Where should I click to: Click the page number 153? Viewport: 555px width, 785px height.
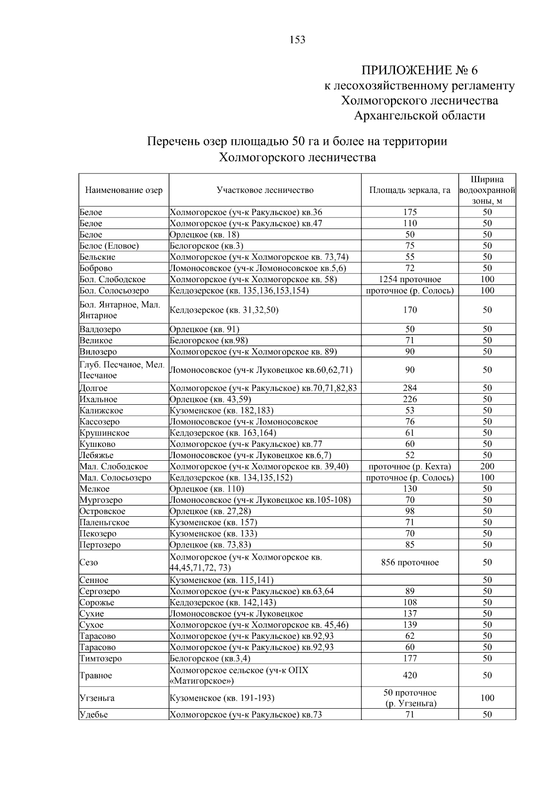(x=297, y=40)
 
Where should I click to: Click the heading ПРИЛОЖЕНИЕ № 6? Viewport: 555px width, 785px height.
(x=419, y=70)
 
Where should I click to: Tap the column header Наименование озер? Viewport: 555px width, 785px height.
(x=124, y=190)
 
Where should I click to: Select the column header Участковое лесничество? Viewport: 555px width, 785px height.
(x=265, y=190)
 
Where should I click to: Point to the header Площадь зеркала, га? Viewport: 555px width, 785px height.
(x=410, y=190)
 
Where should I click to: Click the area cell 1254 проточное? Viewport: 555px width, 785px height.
(x=410, y=279)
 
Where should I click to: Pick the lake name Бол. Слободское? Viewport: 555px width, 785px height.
(x=112, y=279)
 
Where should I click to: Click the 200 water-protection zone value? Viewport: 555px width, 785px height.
(x=487, y=466)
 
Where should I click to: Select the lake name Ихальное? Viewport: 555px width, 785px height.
(x=99, y=399)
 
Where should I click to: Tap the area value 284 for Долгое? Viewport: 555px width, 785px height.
(x=410, y=388)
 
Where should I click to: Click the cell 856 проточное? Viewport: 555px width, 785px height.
(x=410, y=562)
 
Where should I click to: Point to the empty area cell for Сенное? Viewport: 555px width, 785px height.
(x=410, y=580)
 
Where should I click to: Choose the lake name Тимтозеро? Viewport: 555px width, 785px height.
(x=101, y=658)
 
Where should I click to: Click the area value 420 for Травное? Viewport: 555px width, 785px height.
(x=410, y=675)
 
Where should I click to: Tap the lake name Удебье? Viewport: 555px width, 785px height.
(x=94, y=715)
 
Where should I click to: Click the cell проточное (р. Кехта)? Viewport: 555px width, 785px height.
(x=410, y=466)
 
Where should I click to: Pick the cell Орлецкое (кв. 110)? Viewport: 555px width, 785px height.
(x=207, y=489)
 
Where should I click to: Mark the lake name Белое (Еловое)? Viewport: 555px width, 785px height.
(x=109, y=246)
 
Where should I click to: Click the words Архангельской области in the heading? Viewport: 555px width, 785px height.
(x=419, y=116)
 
